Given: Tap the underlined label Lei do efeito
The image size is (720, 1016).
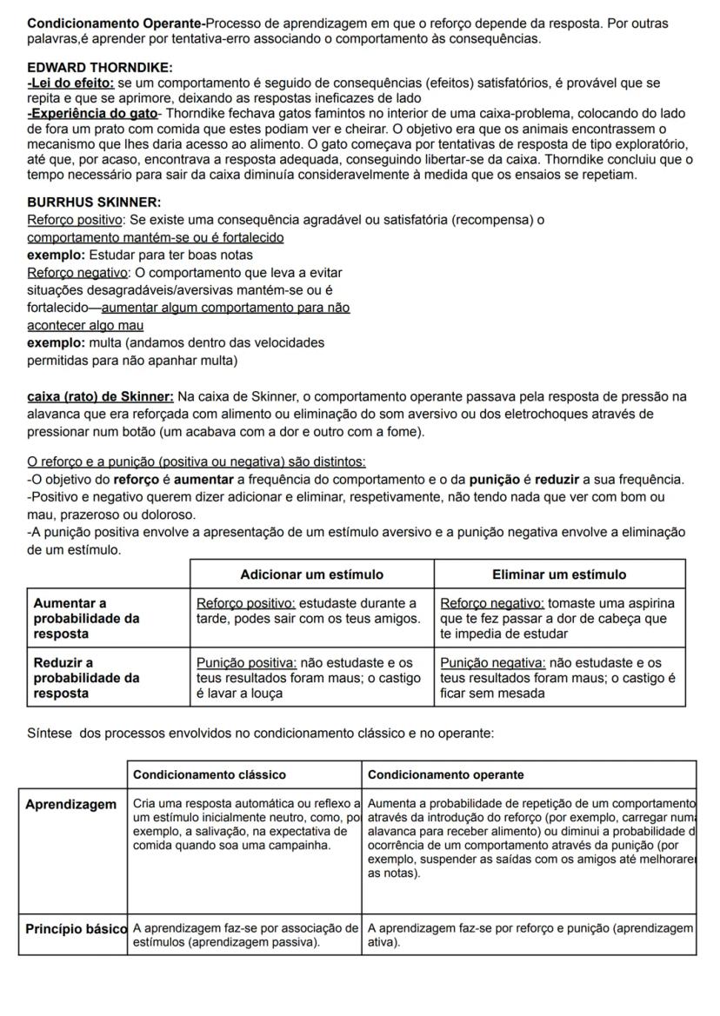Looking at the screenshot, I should pos(71,83).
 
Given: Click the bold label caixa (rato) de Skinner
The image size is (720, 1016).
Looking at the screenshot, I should pos(100,397).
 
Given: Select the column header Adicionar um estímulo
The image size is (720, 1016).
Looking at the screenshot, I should pos(311,574).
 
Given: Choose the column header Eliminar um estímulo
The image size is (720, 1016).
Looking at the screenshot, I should pos(559,574).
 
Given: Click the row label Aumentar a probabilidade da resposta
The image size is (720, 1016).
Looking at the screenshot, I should pos(86,618).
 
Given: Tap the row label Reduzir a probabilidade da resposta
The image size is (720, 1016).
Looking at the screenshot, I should pos(86,678).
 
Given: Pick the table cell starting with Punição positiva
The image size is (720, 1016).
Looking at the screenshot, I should pos(311,678).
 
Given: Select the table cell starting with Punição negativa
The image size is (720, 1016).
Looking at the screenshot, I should pos(559,678).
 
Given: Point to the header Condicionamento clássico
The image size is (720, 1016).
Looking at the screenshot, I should pos(209,774).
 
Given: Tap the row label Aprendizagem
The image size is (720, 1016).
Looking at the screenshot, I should pos(70,806).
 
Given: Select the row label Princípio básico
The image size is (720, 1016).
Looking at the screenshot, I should pos(76,928).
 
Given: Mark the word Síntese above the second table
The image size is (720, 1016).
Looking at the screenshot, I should pos(50,734).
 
